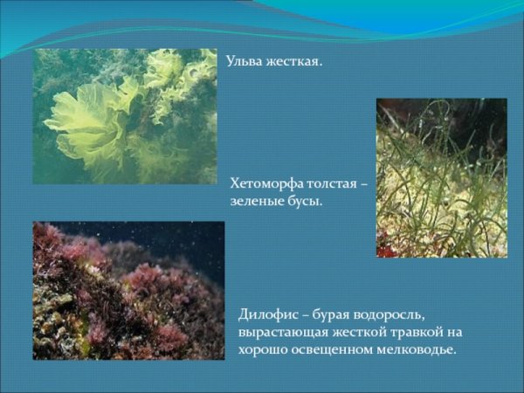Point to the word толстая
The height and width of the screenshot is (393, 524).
coord(333,184)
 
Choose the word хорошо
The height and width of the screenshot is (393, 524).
coord(262,350)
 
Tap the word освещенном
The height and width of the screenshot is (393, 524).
coord(330,350)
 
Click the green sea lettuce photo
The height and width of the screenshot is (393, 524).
coord(125,116)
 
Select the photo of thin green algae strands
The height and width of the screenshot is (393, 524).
coord(441,177)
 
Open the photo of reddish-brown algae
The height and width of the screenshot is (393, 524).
coord(128,290)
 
